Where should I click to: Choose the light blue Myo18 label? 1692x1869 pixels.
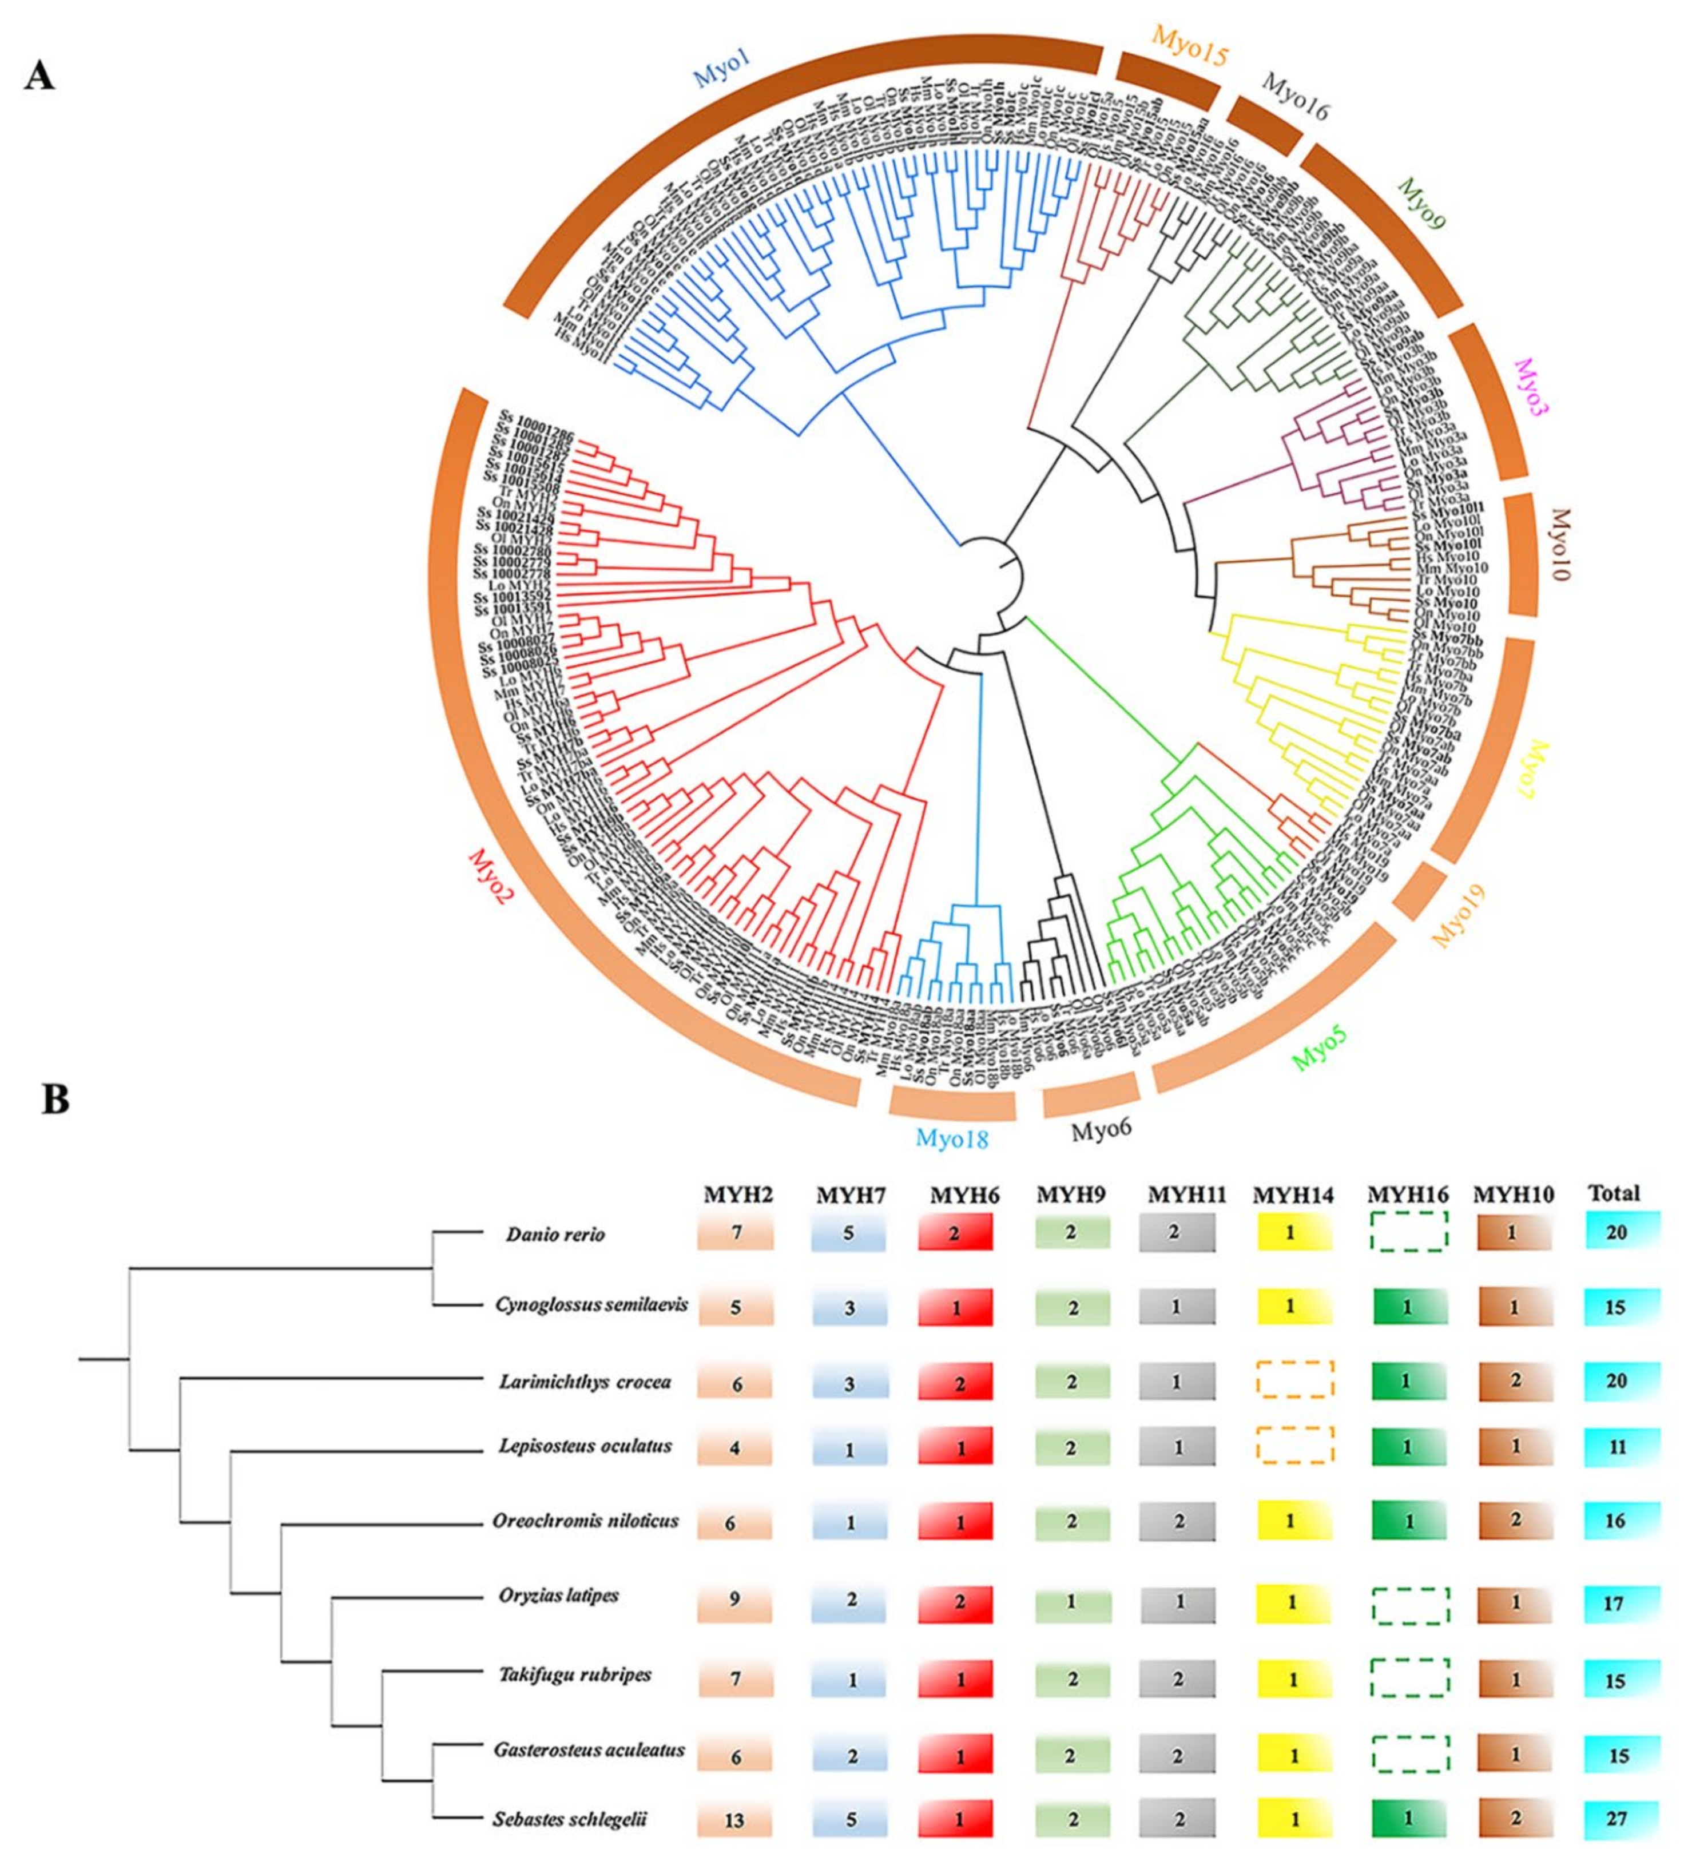click(x=952, y=1137)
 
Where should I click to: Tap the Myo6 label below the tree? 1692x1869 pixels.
click(x=1102, y=1130)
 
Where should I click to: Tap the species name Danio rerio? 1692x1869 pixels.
click(x=555, y=1235)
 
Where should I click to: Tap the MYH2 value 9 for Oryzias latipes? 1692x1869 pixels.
click(x=734, y=1599)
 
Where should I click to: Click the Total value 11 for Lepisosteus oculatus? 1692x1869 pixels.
click(x=1617, y=1446)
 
